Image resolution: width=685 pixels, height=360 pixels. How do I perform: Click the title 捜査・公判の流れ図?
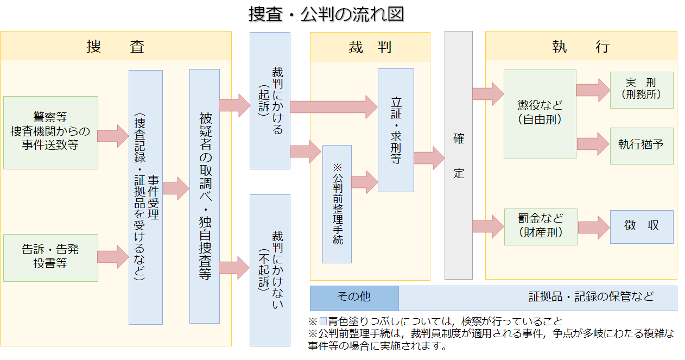coord(326,14)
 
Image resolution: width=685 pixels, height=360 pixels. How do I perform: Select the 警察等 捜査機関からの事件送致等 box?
coord(50,132)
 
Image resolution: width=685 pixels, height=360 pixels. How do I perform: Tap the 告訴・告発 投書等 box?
coord(50,257)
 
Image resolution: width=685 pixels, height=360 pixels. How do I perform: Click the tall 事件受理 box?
coord(145,197)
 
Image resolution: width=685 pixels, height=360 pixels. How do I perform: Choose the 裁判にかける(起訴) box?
coord(270,100)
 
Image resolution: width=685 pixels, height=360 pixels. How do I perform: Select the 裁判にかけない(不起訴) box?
coord(270,270)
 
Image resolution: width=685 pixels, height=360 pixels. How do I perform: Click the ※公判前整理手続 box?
coord(337,204)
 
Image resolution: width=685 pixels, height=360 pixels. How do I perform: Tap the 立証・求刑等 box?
coord(396,130)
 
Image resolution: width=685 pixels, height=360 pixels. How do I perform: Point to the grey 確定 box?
coord(459,155)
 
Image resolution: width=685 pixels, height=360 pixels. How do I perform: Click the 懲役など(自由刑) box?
coord(540,114)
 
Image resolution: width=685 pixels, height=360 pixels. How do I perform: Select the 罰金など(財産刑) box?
coord(541,226)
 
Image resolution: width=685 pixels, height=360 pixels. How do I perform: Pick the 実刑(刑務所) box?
coord(642,90)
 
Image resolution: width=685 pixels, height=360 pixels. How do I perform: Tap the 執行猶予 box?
coord(642,146)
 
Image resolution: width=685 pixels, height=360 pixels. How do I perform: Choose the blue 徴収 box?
coord(642,226)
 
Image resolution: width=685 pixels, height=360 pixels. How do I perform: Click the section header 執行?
coord(581,46)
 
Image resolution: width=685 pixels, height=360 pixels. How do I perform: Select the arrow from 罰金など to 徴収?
coord(594,227)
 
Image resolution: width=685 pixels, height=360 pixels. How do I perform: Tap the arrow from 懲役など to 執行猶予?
coord(593,144)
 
